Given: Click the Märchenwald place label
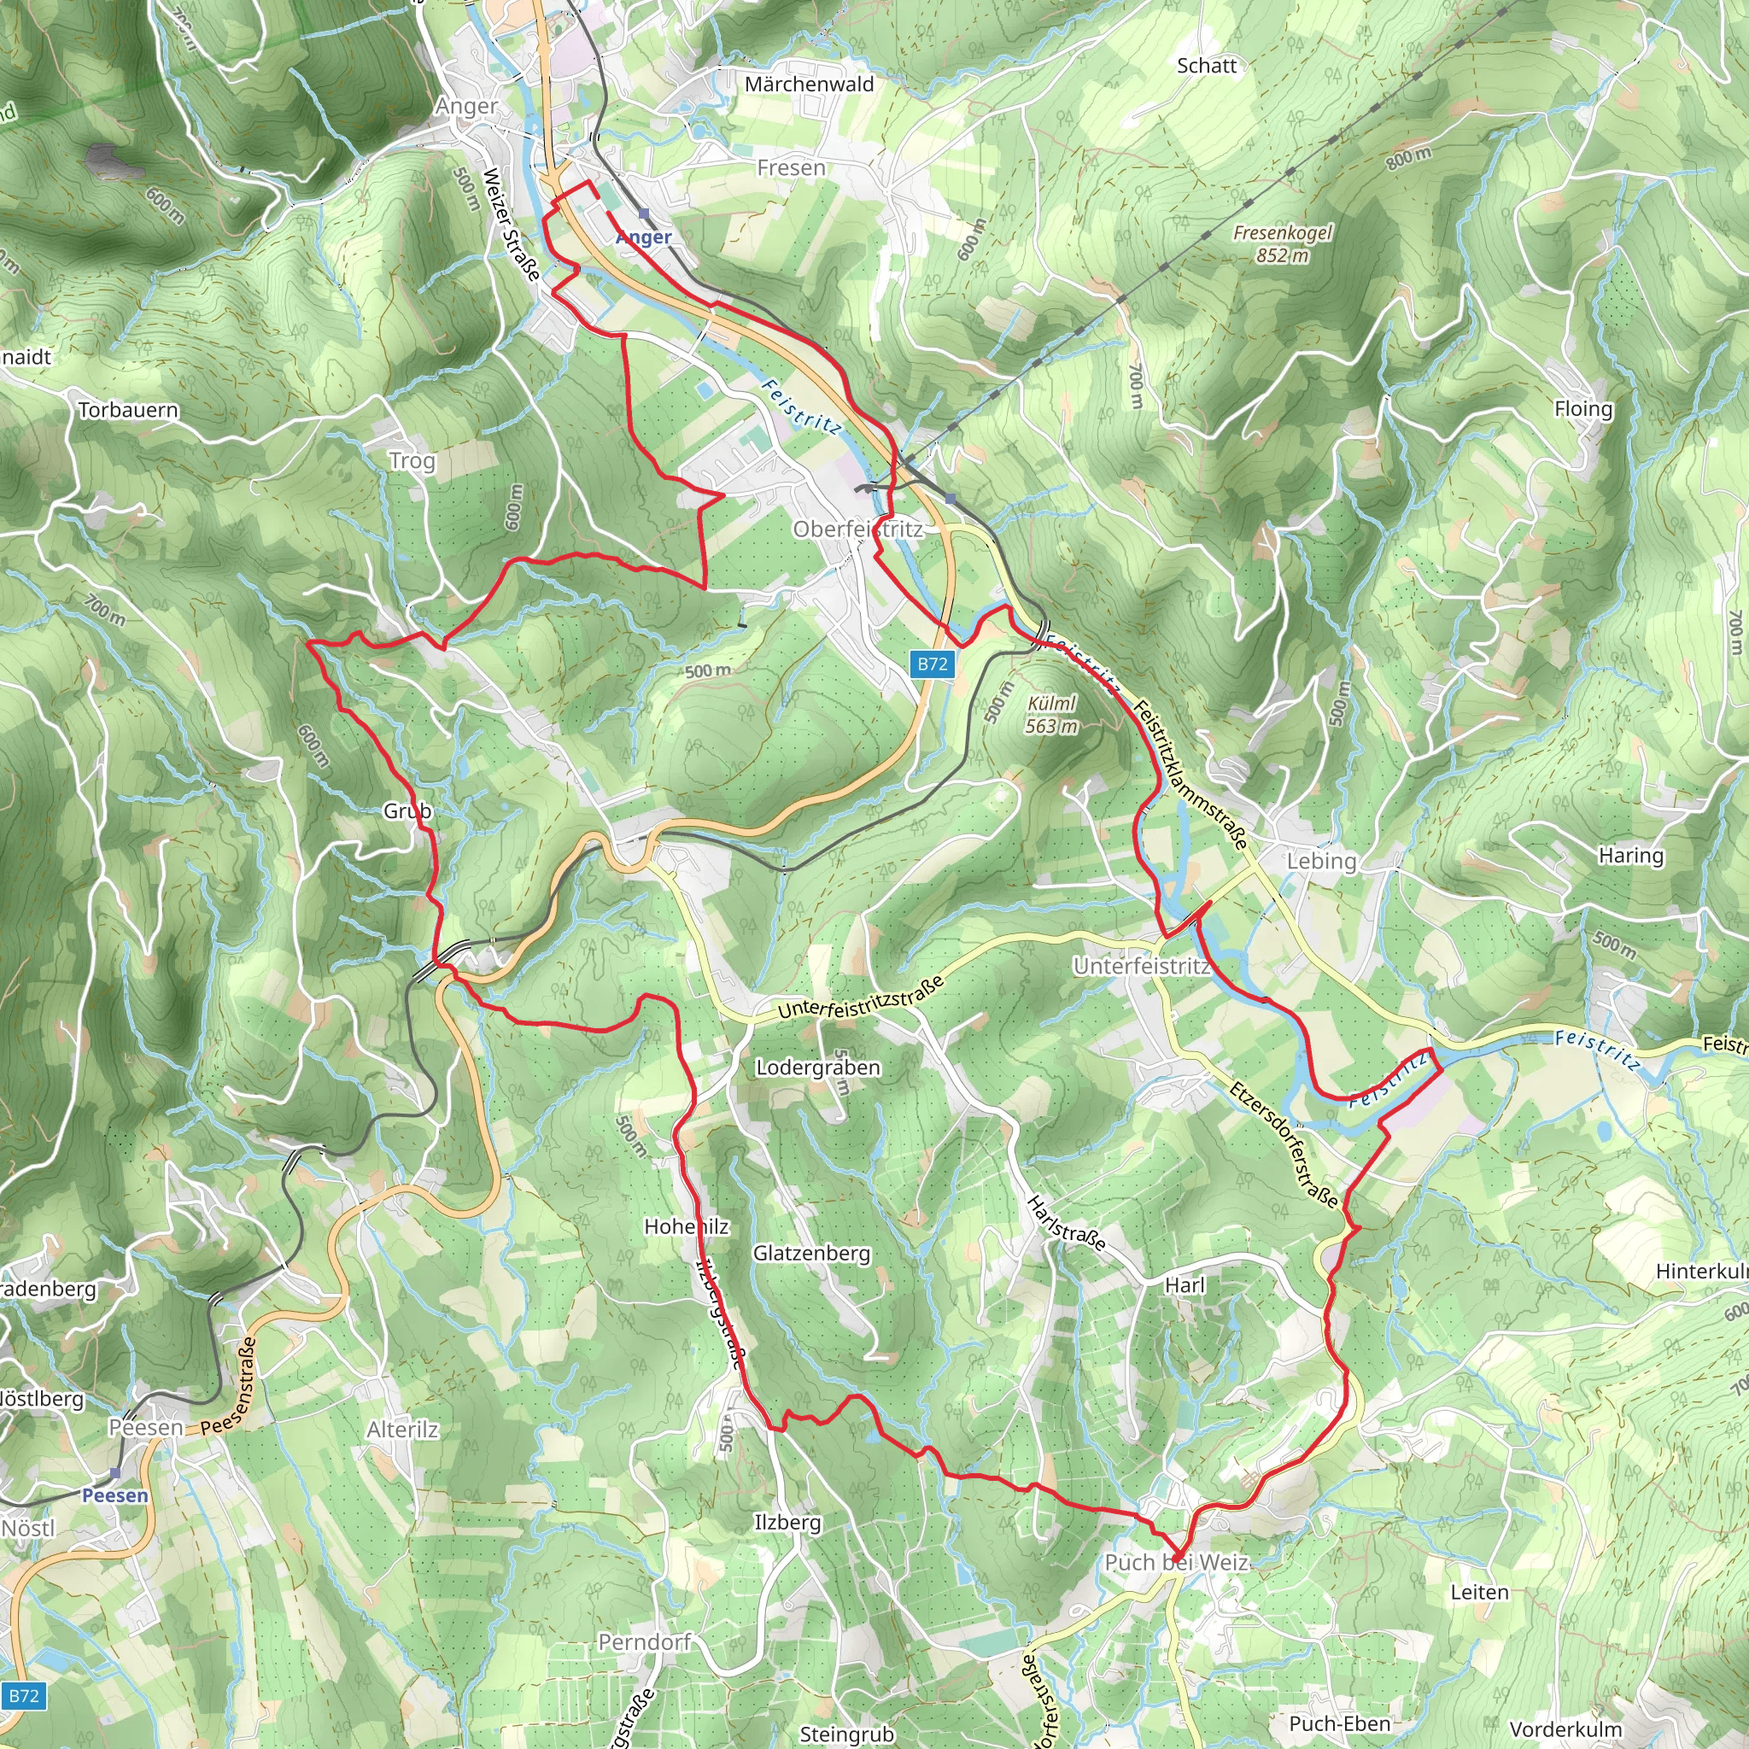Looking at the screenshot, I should pos(810,85).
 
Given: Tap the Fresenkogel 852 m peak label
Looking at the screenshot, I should pos(1282,243).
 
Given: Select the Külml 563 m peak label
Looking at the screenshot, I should pos(1052,714).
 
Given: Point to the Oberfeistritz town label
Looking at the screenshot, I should pos(857,529).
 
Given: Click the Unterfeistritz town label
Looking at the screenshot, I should pos(1141,966).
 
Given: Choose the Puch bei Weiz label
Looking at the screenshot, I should pos(1176,1562).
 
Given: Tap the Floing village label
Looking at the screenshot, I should pos(1583,408).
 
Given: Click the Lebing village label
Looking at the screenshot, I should pos(1321,861).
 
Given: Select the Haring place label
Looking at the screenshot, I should pos(1630,855).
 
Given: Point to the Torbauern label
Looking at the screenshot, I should pos(129,410).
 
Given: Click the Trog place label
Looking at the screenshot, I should pos(412,461).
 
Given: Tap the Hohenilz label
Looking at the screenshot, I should pos(687,1225).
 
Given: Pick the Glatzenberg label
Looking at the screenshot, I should pos(811,1253).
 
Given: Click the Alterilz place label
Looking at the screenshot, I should pos(403,1430).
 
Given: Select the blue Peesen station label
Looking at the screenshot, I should pos(115,1495).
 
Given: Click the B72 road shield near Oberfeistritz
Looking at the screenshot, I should pos(932,664).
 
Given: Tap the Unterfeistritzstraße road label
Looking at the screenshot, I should pos(861,997).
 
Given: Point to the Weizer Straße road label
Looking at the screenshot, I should pos(512,225).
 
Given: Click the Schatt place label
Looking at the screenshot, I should pos(1206,65).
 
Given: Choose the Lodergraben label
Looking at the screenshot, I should pos(817,1068).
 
